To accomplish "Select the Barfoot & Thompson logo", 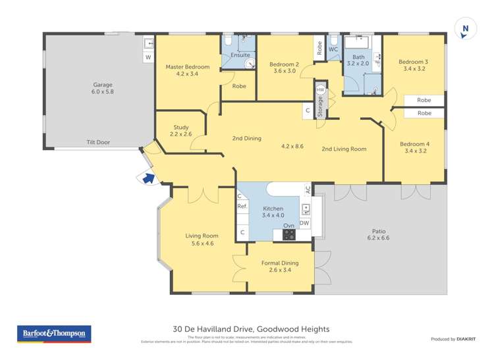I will [53, 334].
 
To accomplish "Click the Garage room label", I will [103, 85].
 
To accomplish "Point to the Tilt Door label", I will [98, 141].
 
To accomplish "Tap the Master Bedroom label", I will [187, 67].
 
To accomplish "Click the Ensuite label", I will [240, 55].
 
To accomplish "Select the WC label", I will [333, 49].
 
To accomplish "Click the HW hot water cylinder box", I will [321, 90].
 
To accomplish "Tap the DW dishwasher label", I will [304, 223].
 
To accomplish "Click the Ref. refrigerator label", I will [242, 207].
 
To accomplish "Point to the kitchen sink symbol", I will [306, 210].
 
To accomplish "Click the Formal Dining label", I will [280, 263].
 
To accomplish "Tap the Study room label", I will [181, 128].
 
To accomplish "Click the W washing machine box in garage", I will [148, 57].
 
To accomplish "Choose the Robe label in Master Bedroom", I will [238, 86].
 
